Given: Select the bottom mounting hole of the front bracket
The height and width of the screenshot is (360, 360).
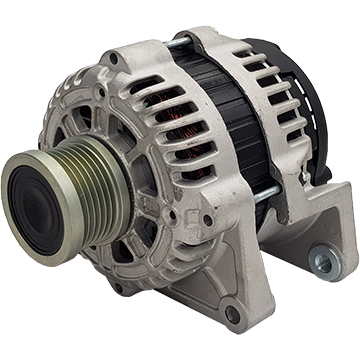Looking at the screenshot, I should (233, 315).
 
